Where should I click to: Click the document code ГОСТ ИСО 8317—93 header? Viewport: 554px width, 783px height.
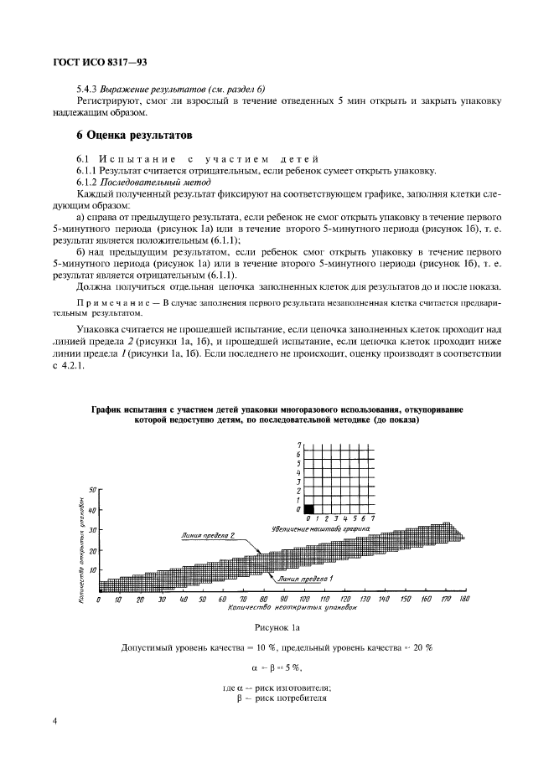tap(95, 63)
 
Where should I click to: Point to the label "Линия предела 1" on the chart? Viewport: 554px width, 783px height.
tap(306, 579)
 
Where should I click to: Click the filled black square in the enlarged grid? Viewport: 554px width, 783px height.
tap(308, 507)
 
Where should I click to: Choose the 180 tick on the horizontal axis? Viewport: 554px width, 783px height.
tap(464, 600)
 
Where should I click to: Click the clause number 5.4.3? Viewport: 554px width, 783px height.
tap(88, 88)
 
